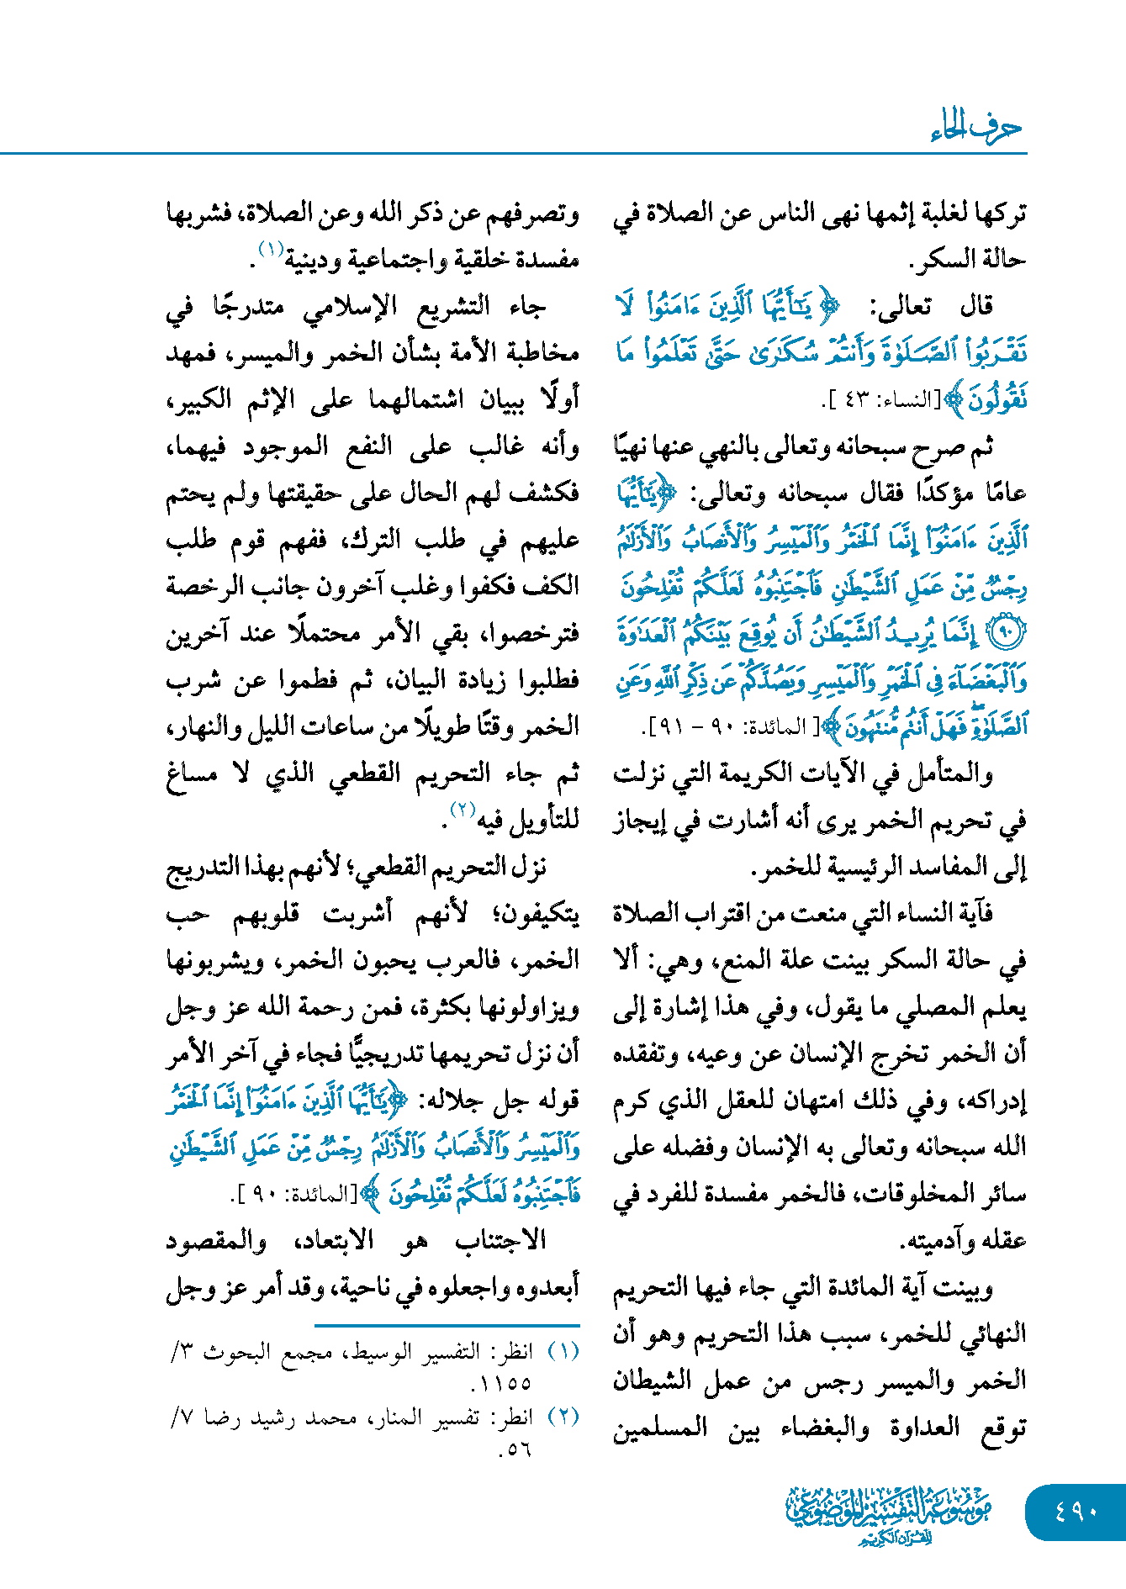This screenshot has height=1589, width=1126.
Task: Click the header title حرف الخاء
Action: [976, 128]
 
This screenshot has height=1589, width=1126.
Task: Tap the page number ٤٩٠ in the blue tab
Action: [1076, 1512]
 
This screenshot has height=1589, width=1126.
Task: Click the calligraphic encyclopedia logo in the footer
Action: [889, 1513]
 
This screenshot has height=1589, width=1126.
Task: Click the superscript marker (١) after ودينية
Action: [271, 250]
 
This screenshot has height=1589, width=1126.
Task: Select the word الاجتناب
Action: [500, 1240]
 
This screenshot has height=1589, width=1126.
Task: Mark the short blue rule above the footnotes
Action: [447, 1326]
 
